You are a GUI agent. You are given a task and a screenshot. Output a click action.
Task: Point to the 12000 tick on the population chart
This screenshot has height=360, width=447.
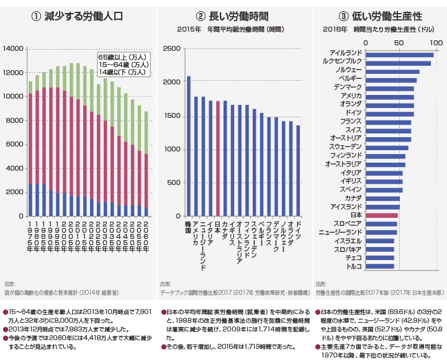[x=14, y=73]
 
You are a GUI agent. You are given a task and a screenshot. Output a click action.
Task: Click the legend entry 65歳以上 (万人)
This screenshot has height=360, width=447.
[x=123, y=57]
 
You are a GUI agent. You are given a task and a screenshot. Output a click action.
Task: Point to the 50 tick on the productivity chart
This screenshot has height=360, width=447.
[x=400, y=43]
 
